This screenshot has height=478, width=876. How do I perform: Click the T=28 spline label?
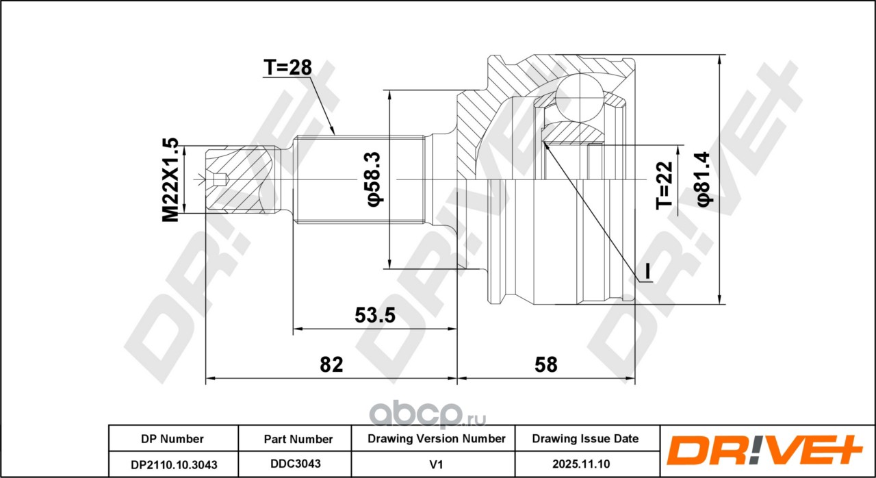287,67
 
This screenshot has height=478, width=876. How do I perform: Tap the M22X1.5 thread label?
170,180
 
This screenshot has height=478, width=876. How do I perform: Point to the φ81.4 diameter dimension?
704,179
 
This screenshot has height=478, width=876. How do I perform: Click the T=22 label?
664,186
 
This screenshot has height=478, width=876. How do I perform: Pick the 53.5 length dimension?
375,315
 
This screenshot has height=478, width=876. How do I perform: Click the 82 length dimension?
331,364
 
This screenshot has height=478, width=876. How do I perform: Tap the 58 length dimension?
545,364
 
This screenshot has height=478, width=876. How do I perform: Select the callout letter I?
647,271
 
